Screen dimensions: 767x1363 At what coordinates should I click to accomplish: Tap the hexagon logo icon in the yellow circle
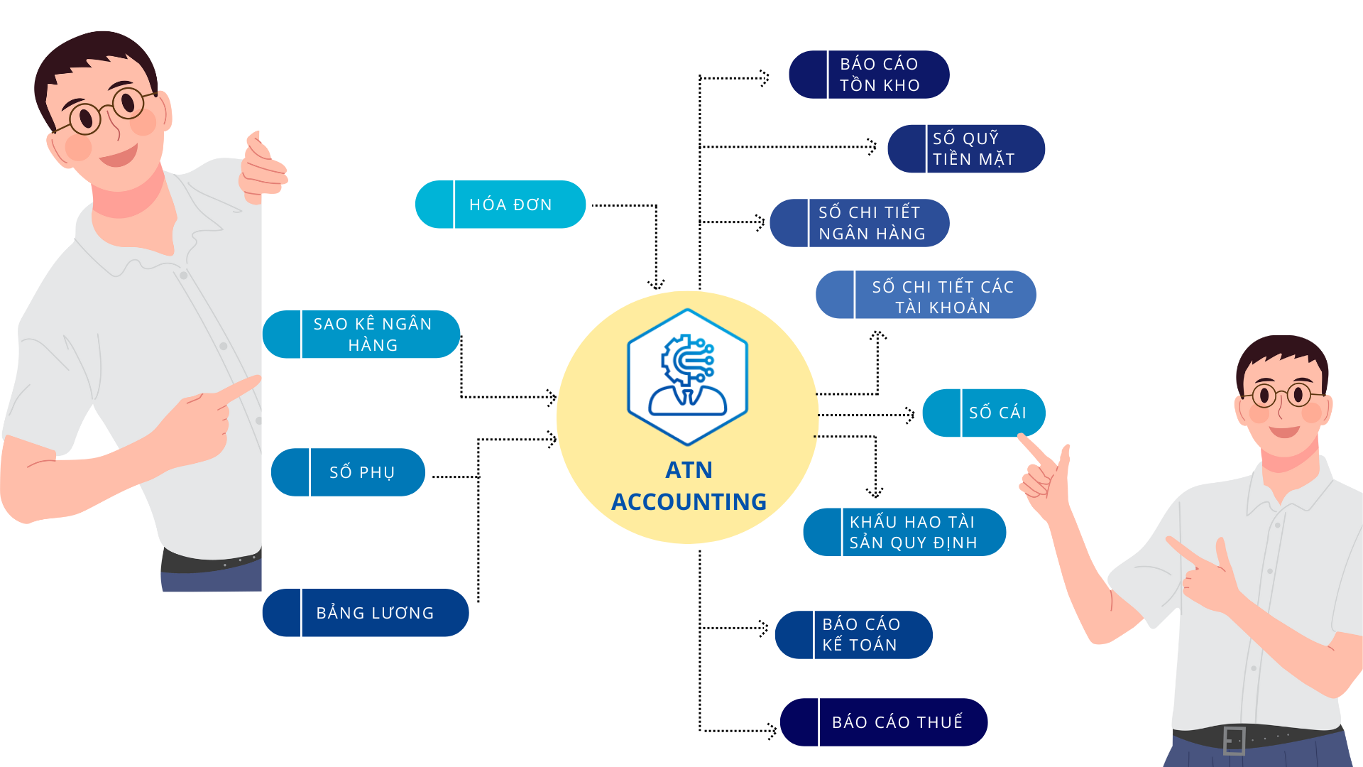[687, 376]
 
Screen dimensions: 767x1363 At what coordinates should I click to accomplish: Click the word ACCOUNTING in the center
[689, 502]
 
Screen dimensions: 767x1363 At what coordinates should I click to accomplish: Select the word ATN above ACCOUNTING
[689, 470]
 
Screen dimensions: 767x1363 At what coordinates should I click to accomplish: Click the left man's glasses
[106, 111]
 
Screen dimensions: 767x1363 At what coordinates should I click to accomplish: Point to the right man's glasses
[1283, 395]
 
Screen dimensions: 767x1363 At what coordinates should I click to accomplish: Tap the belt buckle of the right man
[1235, 740]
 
